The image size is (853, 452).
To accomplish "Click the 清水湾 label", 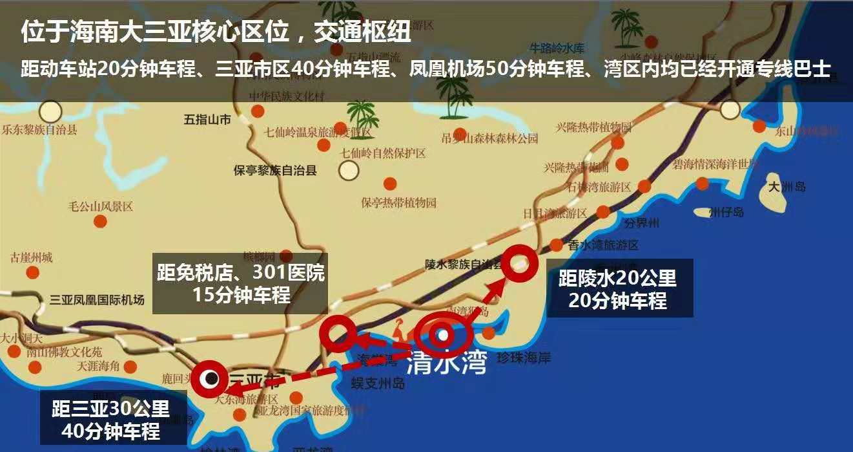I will (x=446, y=364).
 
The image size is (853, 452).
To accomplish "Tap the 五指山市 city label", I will (x=207, y=120).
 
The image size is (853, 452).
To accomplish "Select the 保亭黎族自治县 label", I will (x=275, y=171).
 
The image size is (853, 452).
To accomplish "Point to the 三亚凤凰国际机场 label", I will (x=98, y=300).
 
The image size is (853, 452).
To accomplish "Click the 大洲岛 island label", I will (x=787, y=187).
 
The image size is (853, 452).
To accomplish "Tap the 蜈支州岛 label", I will (x=378, y=383).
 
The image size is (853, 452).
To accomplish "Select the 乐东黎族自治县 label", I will (x=39, y=129).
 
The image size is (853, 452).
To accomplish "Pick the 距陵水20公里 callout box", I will (x=619, y=288).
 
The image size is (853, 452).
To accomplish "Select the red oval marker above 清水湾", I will (x=443, y=334).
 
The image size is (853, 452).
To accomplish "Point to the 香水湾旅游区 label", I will (x=603, y=245).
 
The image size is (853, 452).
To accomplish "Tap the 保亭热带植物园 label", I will (x=398, y=202).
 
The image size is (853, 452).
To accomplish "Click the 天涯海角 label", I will (x=98, y=365).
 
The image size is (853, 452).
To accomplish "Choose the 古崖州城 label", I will (x=31, y=258).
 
